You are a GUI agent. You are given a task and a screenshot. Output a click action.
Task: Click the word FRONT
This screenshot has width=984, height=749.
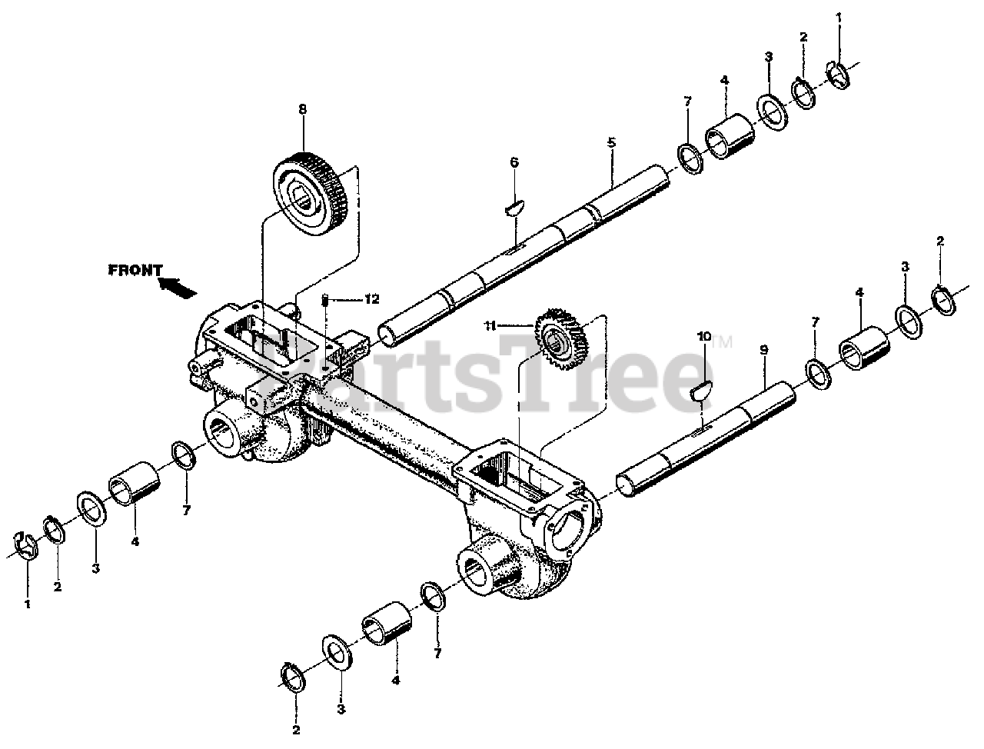135,270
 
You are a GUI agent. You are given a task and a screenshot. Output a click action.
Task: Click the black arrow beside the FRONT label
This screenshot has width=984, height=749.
176,287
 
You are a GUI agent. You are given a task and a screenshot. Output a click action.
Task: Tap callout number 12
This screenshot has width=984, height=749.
372,299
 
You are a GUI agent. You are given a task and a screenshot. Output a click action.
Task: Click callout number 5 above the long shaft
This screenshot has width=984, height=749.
611,142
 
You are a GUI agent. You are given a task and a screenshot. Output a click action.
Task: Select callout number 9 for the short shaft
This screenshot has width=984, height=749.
763,350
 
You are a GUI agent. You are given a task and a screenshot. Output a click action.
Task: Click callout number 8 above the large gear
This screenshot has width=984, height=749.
302,109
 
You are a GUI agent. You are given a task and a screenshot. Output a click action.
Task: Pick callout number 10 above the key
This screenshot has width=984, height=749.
704,336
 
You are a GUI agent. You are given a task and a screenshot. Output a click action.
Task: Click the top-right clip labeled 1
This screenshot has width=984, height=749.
840,73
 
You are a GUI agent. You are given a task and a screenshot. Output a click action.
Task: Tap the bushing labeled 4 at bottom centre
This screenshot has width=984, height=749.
386,622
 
